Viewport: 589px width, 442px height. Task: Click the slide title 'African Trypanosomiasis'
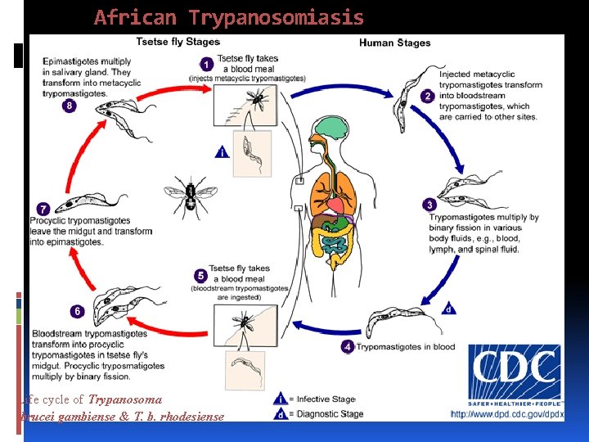pos(229,17)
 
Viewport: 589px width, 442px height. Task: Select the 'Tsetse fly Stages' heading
pos(177,42)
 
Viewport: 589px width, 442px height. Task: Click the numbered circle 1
pos(207,64)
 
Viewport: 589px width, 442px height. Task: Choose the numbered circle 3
pos(429,205)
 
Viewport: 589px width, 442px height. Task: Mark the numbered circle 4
pos(348,347)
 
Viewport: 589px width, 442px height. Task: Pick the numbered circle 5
pos(200,276)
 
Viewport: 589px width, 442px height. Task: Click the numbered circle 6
pos(77,312)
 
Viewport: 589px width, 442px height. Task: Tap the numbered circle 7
pos(43,210)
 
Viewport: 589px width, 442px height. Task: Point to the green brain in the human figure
pos(333,128)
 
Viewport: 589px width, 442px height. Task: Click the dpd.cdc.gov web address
pos(508,414)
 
